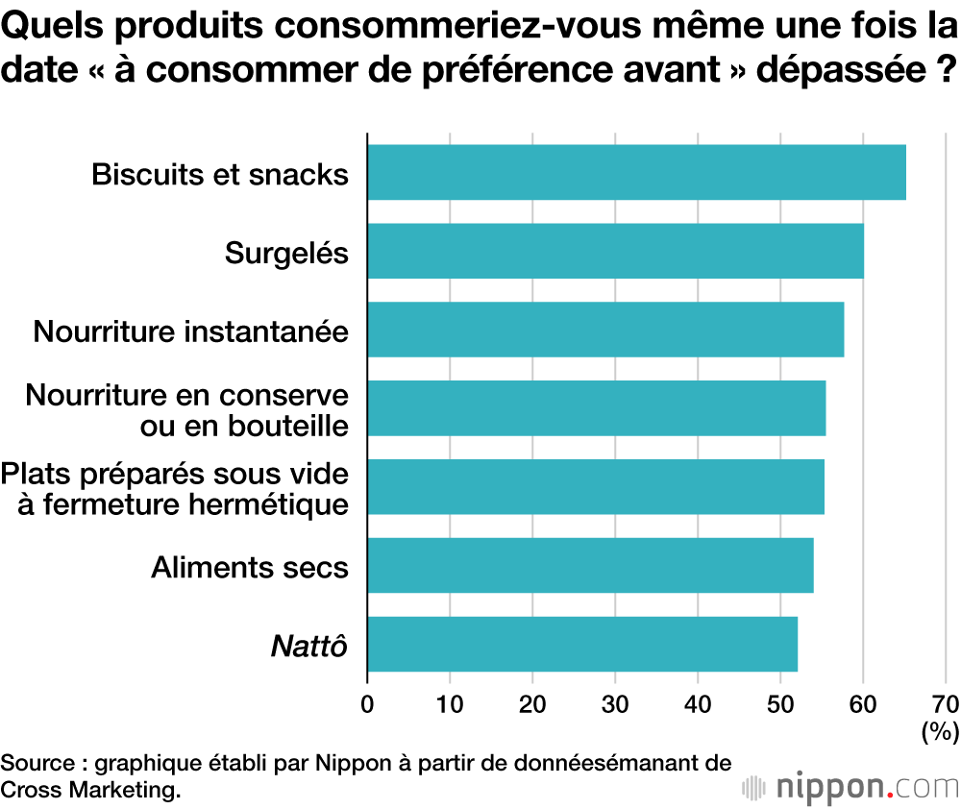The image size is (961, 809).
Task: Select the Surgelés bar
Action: click(615, 251)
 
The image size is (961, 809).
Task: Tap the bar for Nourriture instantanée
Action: click(605, 330)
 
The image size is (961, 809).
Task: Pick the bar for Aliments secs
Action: click(590, 565)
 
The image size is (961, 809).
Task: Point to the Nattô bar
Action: click(582, 644)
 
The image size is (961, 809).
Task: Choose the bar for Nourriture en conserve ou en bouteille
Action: click(596, 408)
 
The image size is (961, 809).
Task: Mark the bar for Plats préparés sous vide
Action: click(596, 486)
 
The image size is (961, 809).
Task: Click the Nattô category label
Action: click(308, 645)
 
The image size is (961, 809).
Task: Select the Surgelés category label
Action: click(286, 253)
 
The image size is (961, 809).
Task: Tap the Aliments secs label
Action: click(250, 567)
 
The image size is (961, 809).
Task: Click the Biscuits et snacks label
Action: click(220, 174)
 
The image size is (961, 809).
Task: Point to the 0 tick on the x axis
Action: click(367, 703)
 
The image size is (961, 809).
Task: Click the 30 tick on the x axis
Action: click(615, 703)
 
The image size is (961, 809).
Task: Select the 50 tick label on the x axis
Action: click(780, 703)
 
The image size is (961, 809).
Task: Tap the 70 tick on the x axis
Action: click(946, 703)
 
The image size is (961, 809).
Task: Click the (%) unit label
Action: click(940, 732)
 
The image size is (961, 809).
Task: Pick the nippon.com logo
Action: click(850, 787)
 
